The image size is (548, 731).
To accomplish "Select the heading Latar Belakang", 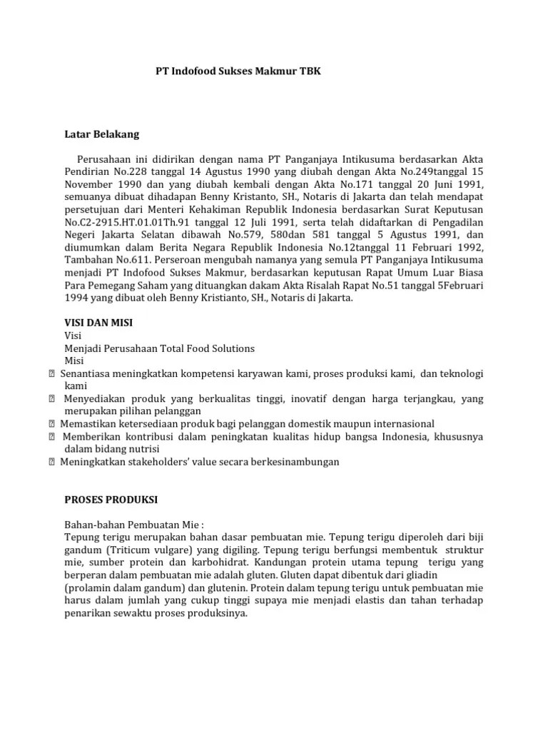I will point(102,133).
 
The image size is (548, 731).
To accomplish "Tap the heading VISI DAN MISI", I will point(98,323).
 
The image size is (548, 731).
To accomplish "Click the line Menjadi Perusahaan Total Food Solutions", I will point(159,348).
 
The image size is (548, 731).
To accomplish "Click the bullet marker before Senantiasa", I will point(53,374).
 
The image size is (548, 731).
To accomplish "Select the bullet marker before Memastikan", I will point(53,424).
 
